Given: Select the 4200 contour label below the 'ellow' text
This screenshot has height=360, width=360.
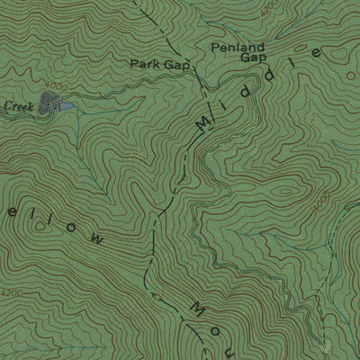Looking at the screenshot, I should click(13, 293).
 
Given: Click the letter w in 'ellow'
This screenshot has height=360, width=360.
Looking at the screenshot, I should click(93, 240).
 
